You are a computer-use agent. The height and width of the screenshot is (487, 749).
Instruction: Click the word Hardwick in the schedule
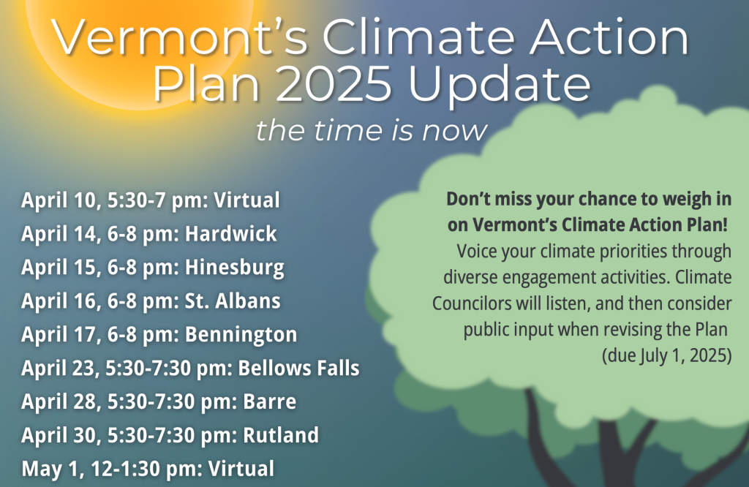230,233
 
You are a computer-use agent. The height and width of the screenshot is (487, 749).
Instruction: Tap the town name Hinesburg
235,268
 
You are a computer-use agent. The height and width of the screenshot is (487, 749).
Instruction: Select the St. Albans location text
233,301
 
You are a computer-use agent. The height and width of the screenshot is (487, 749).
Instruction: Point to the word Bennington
241,335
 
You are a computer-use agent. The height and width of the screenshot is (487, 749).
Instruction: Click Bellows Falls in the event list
298,368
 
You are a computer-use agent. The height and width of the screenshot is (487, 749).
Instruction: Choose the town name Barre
269,401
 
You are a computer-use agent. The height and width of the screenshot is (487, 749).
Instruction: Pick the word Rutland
281,435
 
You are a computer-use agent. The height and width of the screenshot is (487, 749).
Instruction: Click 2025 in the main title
334,84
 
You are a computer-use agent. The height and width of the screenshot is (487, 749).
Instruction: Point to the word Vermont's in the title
180,37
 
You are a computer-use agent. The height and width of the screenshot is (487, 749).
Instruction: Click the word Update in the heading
499,87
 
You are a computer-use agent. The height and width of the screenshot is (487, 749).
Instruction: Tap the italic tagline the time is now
372,130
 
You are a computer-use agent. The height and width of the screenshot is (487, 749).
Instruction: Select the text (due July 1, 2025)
666,355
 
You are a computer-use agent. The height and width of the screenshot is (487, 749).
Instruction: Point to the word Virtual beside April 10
246,200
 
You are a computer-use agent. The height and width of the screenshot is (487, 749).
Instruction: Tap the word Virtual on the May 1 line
241,469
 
